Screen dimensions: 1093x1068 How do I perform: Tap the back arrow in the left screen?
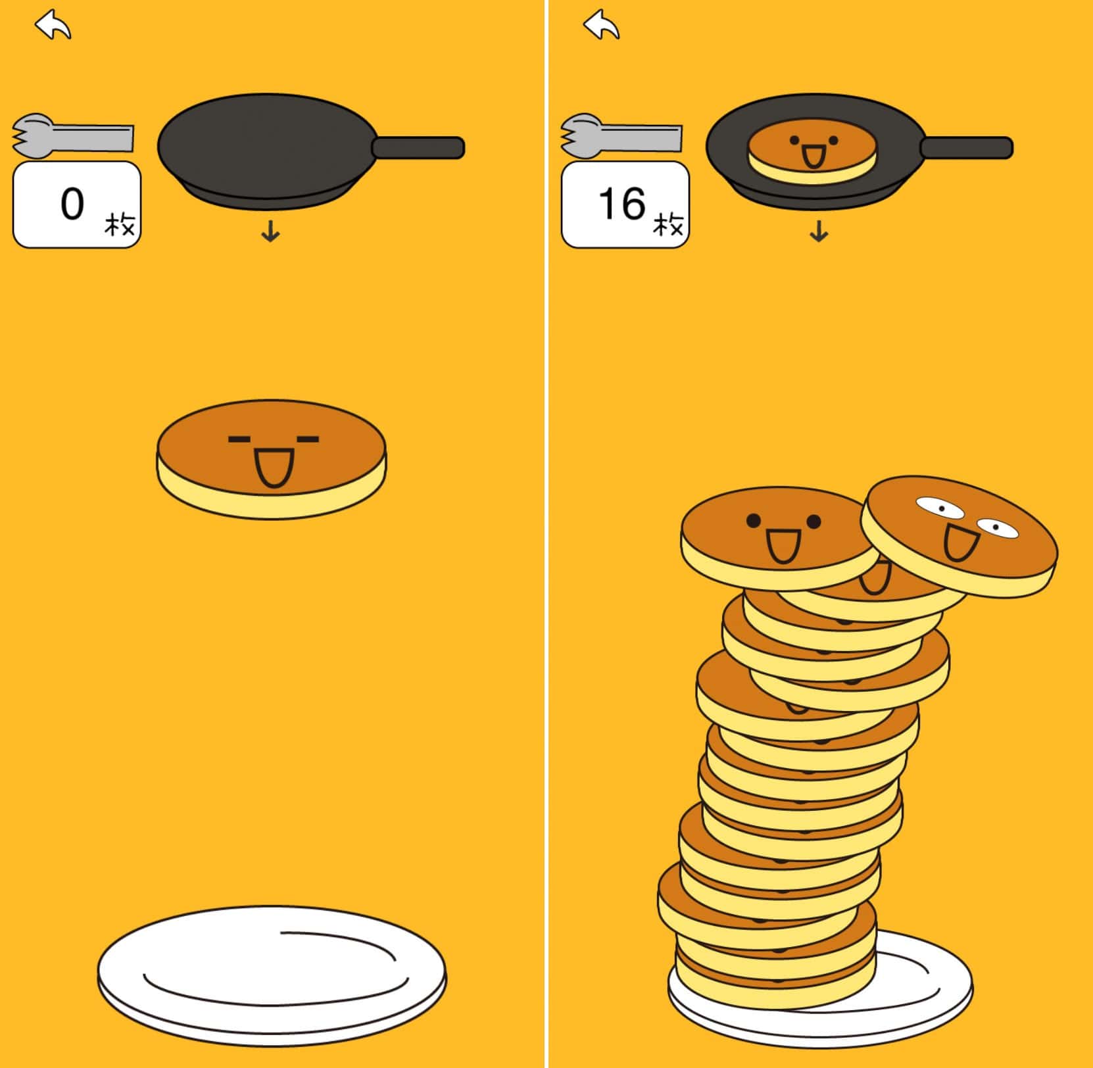(53, 25)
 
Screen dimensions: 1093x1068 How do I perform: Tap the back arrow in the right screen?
(601, 25)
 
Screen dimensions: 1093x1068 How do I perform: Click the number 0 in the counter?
(72, 204)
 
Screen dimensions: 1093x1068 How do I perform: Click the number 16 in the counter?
(622, 204)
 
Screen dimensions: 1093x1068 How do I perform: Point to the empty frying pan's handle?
(418, 147)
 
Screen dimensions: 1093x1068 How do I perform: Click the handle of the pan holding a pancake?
(966, 147)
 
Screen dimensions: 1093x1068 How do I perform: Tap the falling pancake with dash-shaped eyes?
(272, 459)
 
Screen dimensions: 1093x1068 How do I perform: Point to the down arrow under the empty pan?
(270, 231)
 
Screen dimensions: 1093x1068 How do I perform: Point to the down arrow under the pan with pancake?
(819, 231)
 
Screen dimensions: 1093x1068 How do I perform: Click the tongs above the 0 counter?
(73, 136)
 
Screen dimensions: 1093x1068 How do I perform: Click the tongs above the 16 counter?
(621, 136)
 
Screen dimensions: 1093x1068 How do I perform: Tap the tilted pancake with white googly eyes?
(959, 536)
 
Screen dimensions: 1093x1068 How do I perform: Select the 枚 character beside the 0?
(120, 225)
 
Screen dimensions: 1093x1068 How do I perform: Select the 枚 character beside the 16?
(668, 225)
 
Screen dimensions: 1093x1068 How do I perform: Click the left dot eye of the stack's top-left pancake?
(754, 522)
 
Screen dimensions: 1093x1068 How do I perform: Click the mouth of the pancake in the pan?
(814, 157)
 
